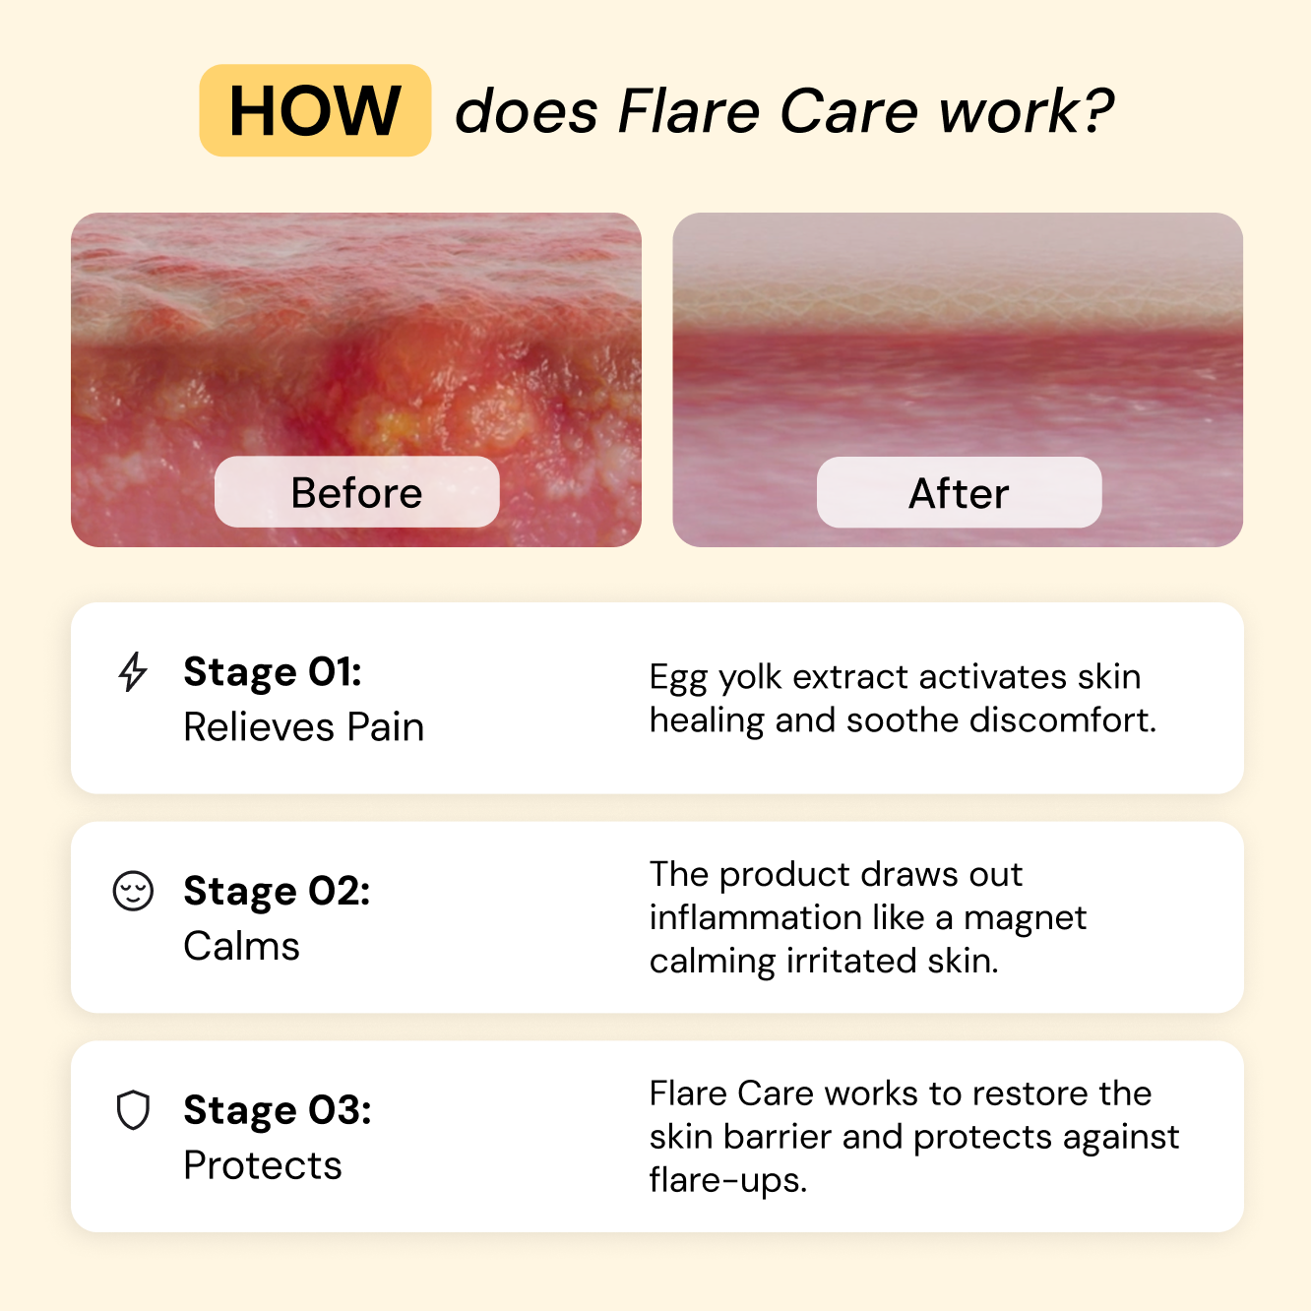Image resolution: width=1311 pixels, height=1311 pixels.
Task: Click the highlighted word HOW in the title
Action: click(315, 110)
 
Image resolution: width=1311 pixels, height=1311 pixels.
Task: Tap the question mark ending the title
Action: click(1098, 110)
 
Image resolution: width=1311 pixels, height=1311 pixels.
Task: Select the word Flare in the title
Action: click(688, 110)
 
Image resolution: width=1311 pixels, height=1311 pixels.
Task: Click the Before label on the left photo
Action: click(356, 492)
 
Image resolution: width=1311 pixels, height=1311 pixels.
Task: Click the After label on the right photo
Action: click(959, 493)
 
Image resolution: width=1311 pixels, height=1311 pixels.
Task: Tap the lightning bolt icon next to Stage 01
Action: click(133, 672)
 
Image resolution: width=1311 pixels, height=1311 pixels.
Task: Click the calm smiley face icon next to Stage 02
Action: click(133, 891)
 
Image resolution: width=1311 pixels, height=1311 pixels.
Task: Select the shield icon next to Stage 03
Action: click(133, 1110)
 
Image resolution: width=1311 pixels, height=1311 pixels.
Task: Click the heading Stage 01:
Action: click(273, 672)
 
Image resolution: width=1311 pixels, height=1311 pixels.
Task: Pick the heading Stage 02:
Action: click(277, 891)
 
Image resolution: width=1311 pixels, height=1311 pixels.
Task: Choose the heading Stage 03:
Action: click(278, 1110)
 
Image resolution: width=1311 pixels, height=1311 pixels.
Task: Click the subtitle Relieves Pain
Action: click(303, 727)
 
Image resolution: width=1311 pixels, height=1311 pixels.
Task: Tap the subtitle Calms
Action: click(241, 946)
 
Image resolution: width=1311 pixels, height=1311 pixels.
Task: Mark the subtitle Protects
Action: click(263, 1165)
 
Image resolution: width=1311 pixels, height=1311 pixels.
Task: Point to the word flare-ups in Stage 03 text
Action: click(727, 1180)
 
